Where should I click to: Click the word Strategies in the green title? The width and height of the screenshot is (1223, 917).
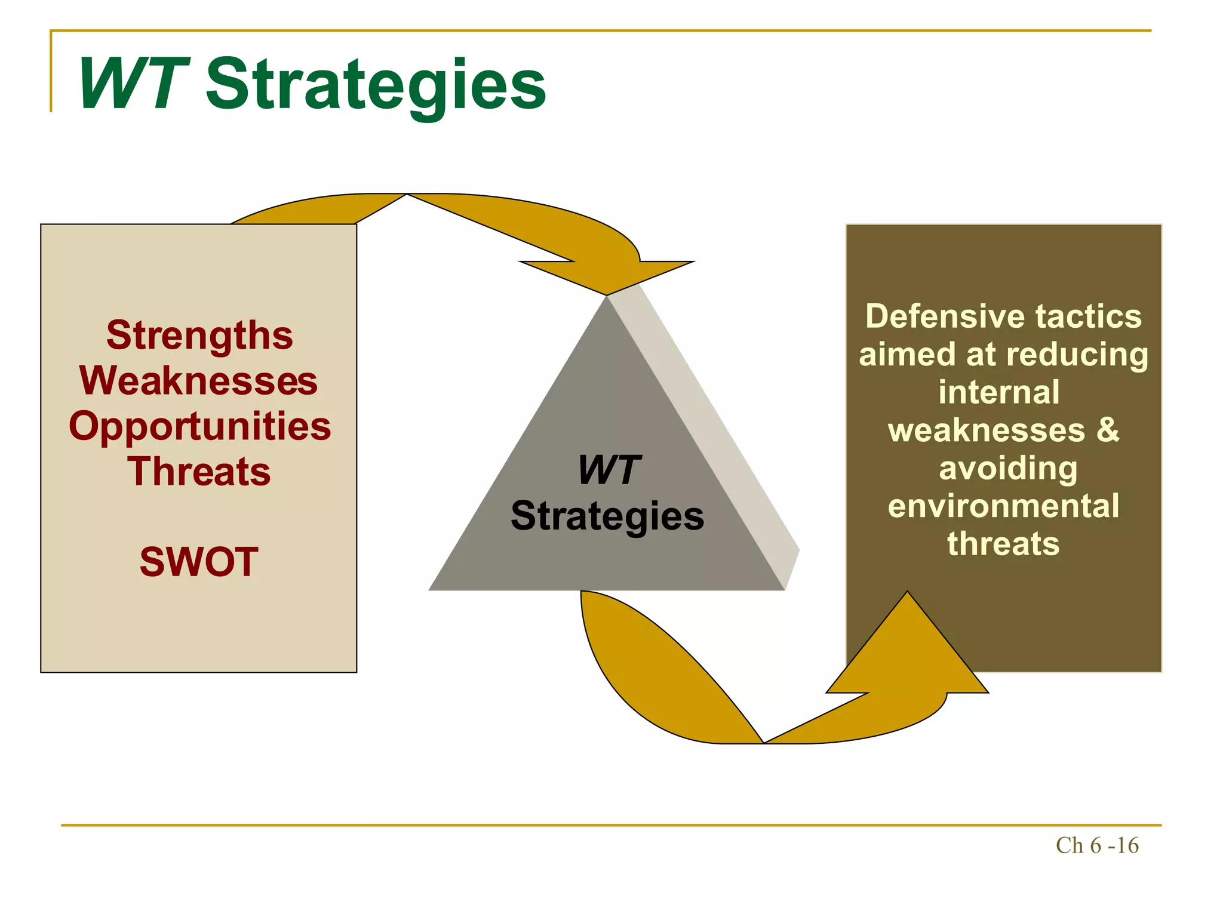point(376,85)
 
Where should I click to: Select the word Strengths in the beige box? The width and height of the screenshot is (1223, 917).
point(199,336)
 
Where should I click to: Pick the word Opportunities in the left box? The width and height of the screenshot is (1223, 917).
point(199,426)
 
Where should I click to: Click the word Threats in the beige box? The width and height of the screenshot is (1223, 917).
point(199,472)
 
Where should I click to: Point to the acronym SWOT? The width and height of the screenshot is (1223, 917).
point(199,562)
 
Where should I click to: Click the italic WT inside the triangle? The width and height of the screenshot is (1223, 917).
point(609,470)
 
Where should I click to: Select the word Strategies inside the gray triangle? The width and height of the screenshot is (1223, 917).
point(607,516)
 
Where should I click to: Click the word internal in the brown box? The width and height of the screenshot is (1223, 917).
point(998,392)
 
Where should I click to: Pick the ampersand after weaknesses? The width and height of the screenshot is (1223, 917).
point(1107,430)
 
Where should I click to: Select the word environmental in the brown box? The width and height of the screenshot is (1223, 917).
point(1003,506)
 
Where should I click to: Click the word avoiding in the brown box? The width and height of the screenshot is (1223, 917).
point(1008,468)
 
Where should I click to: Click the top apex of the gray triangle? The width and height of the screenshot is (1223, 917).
point(607,299)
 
